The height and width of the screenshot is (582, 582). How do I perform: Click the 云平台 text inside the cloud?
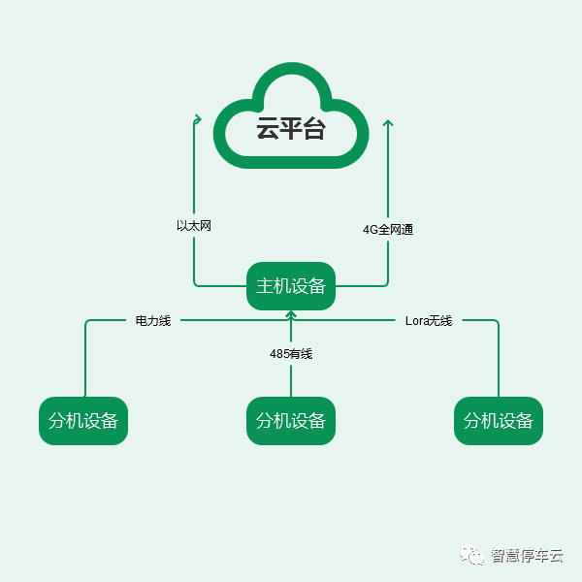tap(291, 129)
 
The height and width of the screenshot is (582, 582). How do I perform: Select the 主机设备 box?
tap(291, 286)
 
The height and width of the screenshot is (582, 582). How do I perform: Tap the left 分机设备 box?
tap(83, 421)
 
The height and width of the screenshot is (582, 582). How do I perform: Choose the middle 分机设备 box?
tap(291, 421)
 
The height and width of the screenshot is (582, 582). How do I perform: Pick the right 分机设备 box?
tap(499, 421)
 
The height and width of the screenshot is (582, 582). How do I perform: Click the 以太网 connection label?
tap(194, 225)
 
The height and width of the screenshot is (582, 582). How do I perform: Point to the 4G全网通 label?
tap(388, 230)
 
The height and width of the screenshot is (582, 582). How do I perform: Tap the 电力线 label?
tap(153, 320)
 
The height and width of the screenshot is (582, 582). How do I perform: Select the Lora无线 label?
tap(429, 320)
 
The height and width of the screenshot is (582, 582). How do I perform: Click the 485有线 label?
tap(291, 354)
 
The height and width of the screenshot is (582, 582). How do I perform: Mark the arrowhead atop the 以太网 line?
tap(195, 118)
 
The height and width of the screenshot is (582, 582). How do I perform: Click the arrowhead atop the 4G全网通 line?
tap(388, 122)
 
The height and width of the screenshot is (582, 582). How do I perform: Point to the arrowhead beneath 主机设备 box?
tap(291, 314)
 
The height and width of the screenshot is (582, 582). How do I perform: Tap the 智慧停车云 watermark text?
tap(527, 556)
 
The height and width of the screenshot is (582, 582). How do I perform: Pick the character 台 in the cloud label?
tap(314, 129)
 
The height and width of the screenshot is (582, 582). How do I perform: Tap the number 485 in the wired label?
tap(279, 354)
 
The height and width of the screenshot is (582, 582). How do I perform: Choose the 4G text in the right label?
tap(371, 230)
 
